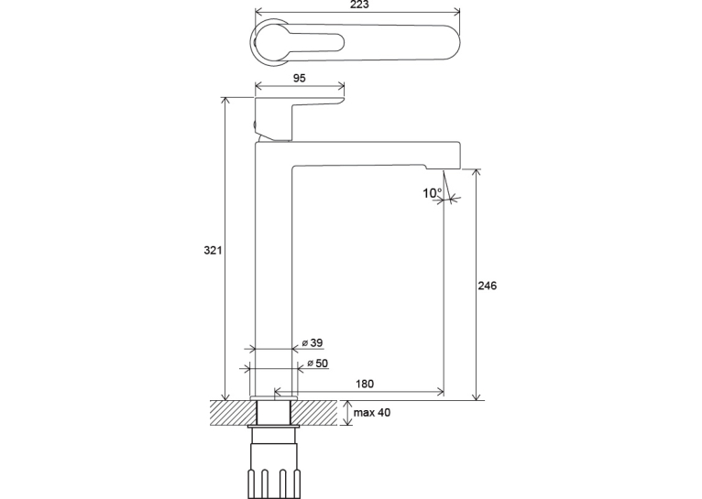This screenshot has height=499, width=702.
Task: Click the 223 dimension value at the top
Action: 359,5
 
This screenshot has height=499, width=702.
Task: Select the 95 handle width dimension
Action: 299,78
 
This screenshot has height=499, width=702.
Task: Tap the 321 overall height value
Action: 213,250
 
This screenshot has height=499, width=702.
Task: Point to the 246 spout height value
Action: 488,286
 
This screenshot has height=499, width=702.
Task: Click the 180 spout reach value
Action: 365,384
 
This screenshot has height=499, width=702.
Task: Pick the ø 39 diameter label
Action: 312,343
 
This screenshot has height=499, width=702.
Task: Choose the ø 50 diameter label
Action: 317,363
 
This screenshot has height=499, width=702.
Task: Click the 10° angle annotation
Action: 432,193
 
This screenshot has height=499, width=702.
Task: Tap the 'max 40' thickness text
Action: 371,412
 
